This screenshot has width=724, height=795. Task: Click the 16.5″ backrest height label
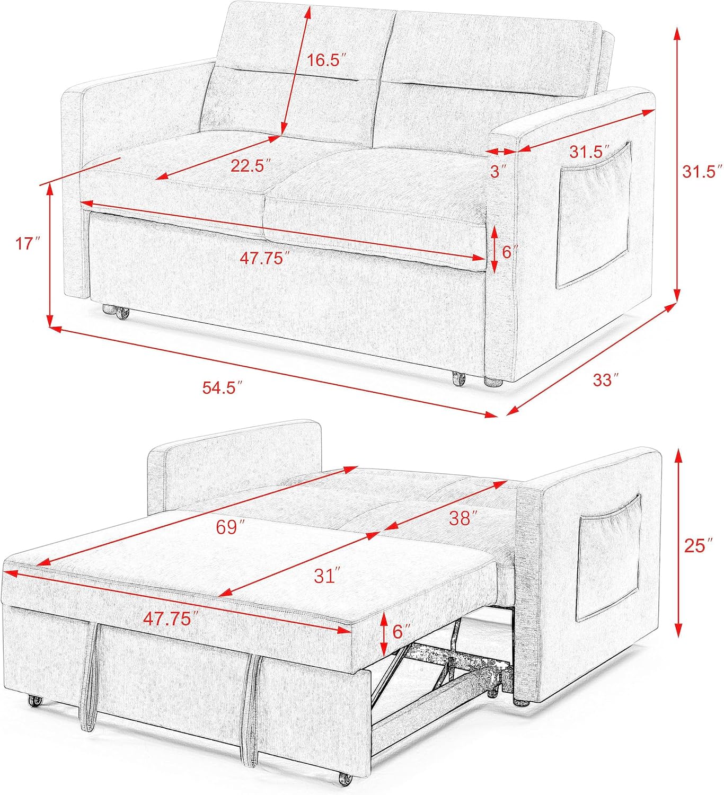point(326,60)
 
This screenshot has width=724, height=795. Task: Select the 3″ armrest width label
point(498,171)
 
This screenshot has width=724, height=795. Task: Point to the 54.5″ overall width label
point(223,387)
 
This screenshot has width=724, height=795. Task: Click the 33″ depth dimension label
point(606,379)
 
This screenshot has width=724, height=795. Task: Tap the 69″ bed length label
point(231,526)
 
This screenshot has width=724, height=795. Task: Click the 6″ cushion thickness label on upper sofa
point(509,251)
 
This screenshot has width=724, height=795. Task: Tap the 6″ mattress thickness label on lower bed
point(401,631)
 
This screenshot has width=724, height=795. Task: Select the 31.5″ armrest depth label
point(587,152)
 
